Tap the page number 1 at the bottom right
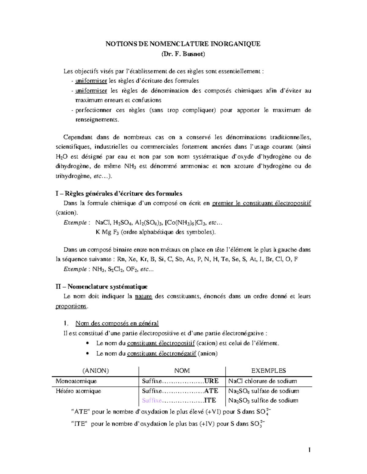pos(310,450)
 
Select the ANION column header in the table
pos(95,371)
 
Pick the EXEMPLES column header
pos(269,371)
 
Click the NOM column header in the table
pos(182,371)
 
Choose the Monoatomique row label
pos(76,381)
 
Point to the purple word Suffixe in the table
pos(152,400)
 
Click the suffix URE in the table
pos(211,381)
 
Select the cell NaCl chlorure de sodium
pos(262,381)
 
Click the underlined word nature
pos(143,296)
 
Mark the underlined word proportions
pos(71,306)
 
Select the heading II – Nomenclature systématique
pos(102,287)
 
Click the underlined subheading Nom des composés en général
pos(117,323)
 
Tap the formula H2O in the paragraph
pos(60,157)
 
